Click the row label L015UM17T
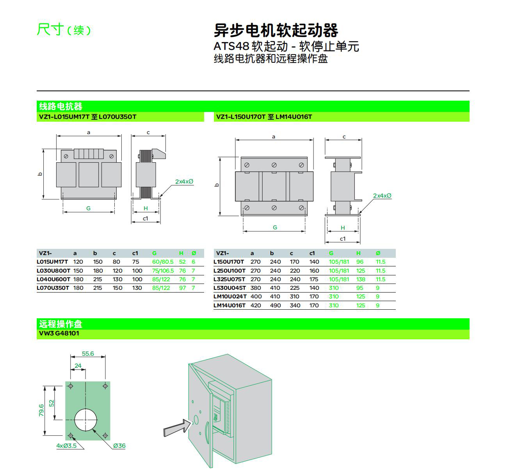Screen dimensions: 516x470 point(52,262)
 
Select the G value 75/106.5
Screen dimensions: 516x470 point(163,271)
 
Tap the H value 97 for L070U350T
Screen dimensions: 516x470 point(182,288)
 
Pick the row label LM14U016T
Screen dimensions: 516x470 point(230,305)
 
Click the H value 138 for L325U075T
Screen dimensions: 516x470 point(361,279)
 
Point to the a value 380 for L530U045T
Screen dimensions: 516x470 point(256,288)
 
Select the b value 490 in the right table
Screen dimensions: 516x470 point(275,305)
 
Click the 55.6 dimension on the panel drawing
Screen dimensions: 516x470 point(88,354)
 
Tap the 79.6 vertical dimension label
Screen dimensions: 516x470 point(41,410)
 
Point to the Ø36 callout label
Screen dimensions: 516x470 point(119,446)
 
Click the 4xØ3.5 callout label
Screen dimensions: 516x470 point(67,446)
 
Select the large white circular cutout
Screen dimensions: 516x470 point(85,420)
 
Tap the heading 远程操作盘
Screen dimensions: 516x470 point(61,324)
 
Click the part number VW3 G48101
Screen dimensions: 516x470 point(59,333)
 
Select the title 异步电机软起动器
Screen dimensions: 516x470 point(276,30)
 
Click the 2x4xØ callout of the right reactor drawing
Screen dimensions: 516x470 point(382,196)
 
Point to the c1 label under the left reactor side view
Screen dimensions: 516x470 point(146,218)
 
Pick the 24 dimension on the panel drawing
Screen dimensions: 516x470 point(78,365)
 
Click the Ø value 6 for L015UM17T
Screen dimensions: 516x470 point(194,262)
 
